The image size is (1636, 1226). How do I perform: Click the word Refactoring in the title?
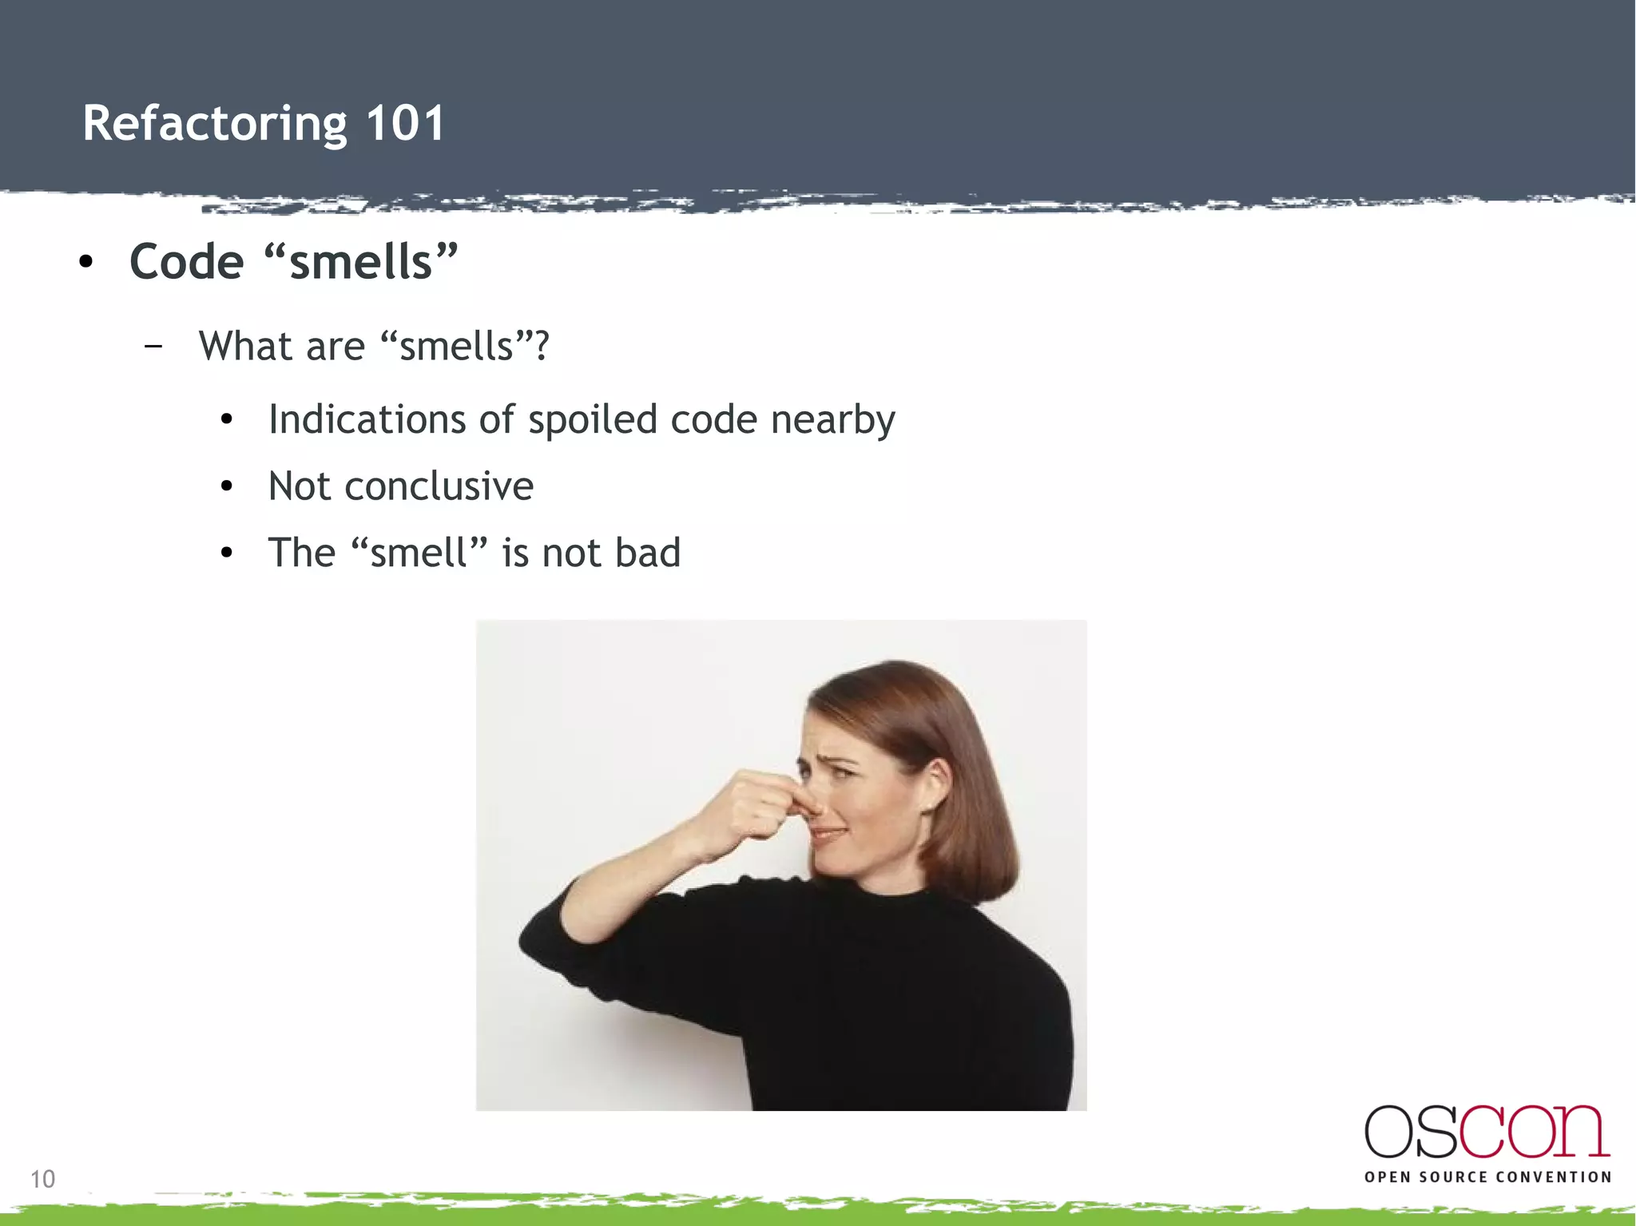click(x=214, y=124)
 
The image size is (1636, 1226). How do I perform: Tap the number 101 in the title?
click(x=405, y=124)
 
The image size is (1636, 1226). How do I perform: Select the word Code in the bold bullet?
click(x=186, y=262)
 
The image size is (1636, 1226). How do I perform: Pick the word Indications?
click(x=367, y=419)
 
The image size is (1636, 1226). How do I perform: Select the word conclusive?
click(x=439, y=486)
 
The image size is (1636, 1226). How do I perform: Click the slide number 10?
click(x=42, y=1179)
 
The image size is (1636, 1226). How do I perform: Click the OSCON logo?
click(x=1487, y=1132)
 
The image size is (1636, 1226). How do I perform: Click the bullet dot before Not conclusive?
click(x=227, y=486)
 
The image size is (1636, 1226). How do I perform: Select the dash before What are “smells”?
click(x=153, y=347)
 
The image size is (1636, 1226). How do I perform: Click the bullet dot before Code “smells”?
click(x=86, y=262)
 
